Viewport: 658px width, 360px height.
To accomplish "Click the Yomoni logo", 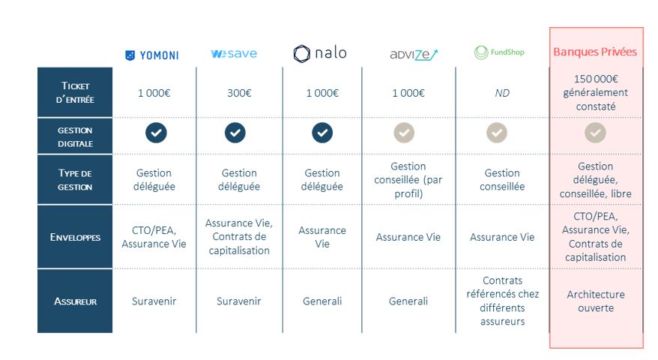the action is (x=152, y=55).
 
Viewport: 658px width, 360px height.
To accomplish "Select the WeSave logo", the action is (x=234, y=54).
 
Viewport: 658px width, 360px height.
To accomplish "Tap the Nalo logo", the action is (x=320, y=53).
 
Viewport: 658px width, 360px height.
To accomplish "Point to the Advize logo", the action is (x=414, y=55).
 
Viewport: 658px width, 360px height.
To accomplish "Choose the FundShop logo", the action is (x=499, y=52).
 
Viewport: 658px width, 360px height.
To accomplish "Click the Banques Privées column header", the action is (x=595, y=52).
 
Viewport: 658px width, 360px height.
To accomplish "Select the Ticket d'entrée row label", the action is (x=75, y=92).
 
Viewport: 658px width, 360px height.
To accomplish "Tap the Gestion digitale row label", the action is (x=75, y=137).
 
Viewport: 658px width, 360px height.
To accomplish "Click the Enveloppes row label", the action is (x=75, y=237).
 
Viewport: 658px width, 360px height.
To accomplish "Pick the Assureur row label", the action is (x=75, y=301).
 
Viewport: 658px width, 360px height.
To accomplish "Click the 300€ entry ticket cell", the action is (x=239, y=93).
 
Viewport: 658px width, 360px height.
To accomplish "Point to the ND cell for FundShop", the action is (x=502, y=93).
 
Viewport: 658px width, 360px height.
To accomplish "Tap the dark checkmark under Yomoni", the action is (x=156, y=133).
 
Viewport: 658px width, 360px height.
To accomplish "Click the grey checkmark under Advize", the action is (x=404, y=133).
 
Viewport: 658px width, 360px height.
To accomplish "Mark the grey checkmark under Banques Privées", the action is (x=596, y=133).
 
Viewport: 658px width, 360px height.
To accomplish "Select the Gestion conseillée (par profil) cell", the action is (x=408, y=180).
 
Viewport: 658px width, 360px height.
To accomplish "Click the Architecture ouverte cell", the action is (x=596, y=301).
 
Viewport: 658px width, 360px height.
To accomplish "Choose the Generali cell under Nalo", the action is (x=322, y=301).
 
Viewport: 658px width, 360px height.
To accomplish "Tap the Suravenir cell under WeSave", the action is (x=239, y=301).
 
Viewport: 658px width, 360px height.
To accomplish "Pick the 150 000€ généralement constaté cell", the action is (x=596, y=92).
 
